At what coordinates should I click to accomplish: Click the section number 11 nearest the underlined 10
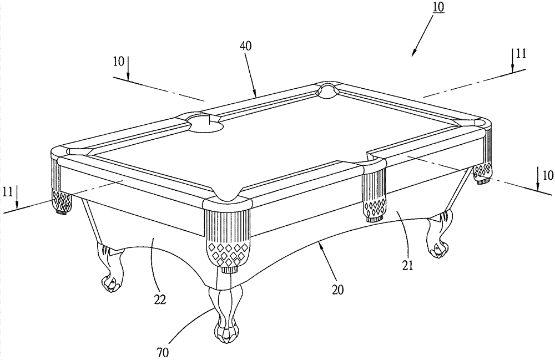[x=520, y=54]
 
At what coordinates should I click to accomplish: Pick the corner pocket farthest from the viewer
[x=329, y=89]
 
